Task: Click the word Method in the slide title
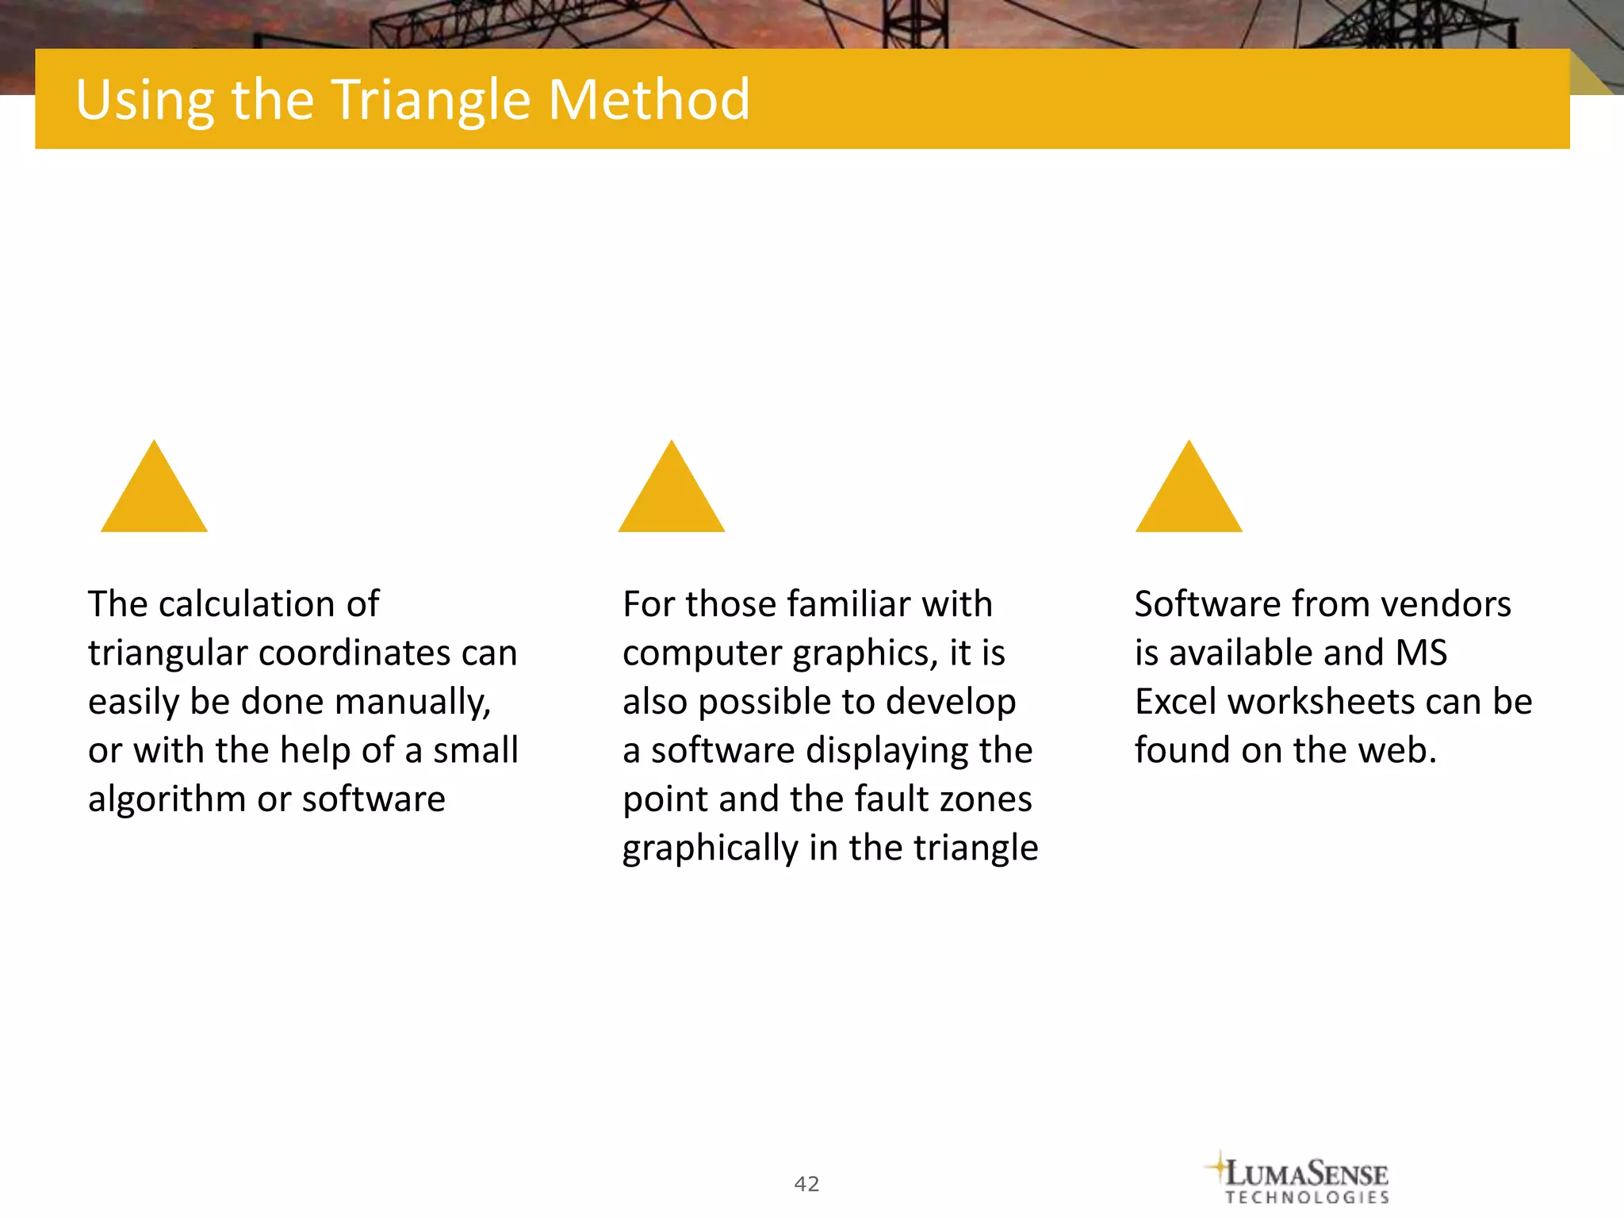point(648,100)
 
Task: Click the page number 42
point(806,1184)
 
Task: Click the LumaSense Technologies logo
point(1300,1178)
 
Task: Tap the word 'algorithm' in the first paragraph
point(167,799)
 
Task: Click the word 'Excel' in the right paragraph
point(1175,703)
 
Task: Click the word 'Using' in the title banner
point(145,101)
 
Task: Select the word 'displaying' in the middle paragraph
point(887,751)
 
